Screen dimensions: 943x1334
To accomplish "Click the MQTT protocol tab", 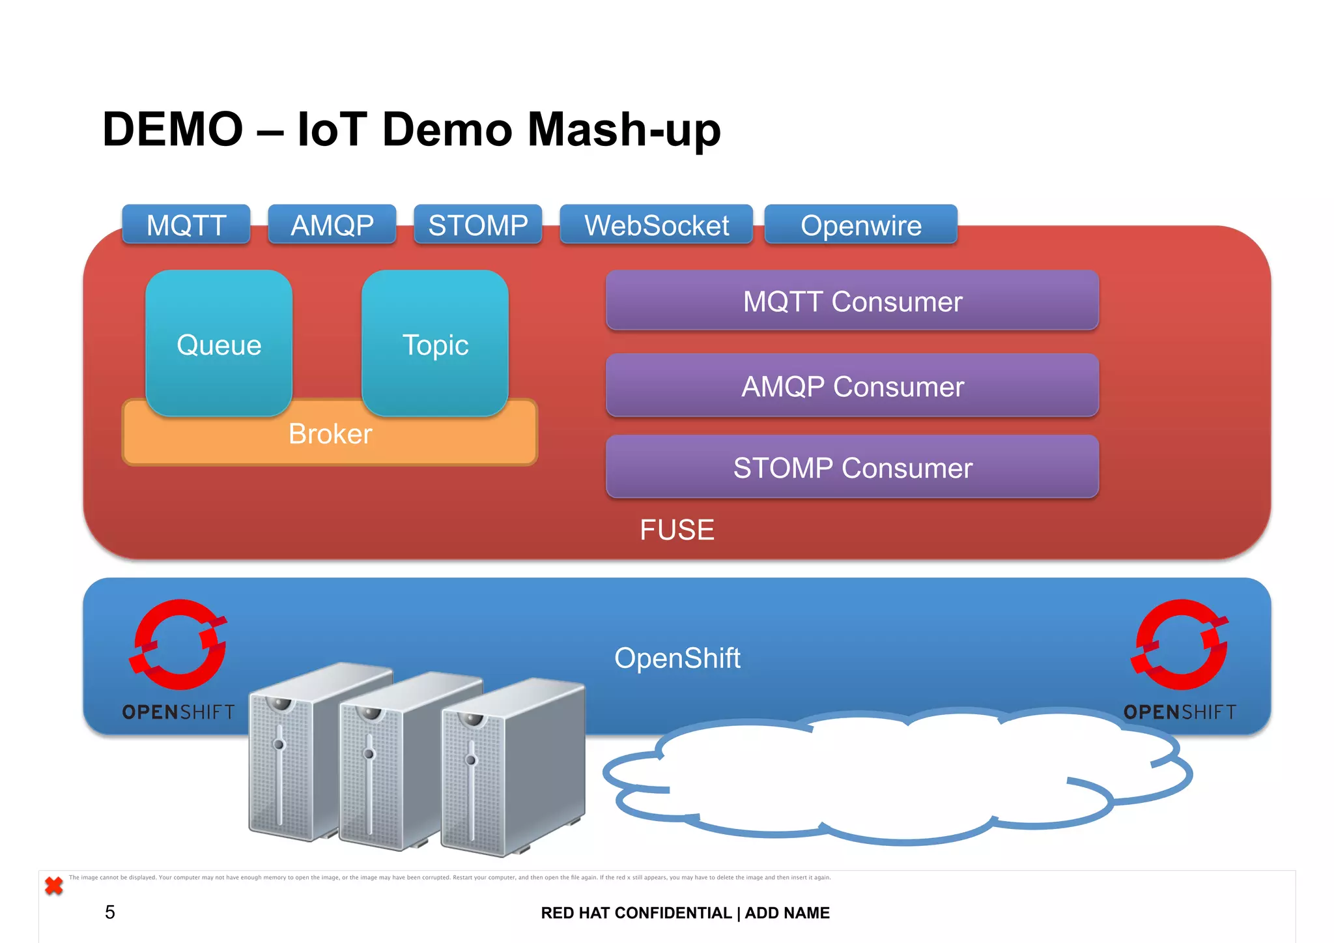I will [186, 225].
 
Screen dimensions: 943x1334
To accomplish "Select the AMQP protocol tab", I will [332, 225].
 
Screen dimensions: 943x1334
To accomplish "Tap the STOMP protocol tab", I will [478, 225].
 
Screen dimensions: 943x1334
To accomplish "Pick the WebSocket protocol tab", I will [657, 225].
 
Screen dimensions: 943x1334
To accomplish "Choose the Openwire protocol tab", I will [860, 225].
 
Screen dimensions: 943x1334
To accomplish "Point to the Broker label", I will [330, 434].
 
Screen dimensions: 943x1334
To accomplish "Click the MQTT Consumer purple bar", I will [852, 301].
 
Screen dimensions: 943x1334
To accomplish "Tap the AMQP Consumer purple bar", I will [852, 386].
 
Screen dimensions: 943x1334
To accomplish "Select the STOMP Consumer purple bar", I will [852, 467].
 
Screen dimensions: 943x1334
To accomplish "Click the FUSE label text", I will [677, 530].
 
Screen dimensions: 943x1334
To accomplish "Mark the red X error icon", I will [54, 886].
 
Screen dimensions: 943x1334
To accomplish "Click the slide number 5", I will [109, 912].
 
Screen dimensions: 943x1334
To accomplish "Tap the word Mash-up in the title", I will [623, 130].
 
